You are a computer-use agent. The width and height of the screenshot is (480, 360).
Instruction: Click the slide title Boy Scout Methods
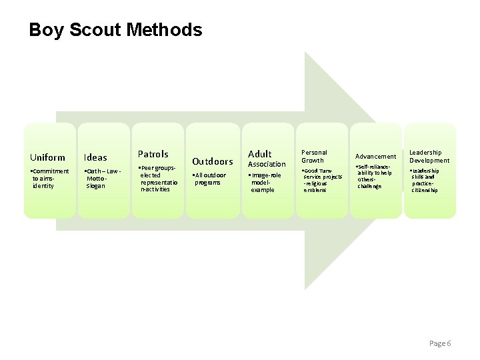115,30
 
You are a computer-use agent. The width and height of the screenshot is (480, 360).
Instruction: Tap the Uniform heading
47,158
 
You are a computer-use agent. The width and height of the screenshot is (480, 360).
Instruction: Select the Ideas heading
95,158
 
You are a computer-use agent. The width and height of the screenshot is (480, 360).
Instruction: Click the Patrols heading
153,154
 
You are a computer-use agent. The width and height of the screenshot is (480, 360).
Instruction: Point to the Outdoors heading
212,161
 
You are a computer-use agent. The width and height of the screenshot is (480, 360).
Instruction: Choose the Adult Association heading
266,159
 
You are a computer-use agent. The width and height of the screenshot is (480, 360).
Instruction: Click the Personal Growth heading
314,156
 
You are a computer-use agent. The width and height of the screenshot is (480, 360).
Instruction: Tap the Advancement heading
375,157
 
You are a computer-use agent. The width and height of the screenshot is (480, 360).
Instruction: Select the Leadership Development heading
429,156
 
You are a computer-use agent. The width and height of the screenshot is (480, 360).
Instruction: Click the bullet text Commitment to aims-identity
49,179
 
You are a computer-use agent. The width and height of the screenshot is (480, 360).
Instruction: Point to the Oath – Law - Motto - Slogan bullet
103,179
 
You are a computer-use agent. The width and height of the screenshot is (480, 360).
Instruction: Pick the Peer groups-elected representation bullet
159,179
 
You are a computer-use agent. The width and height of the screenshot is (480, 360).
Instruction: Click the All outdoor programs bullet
209,179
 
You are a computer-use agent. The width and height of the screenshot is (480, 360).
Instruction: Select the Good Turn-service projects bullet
322,180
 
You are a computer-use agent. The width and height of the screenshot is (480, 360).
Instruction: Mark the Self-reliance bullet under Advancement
373,177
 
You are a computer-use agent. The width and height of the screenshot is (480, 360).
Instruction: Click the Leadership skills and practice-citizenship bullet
426,180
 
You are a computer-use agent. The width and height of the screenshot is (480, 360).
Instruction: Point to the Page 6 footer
440,343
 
